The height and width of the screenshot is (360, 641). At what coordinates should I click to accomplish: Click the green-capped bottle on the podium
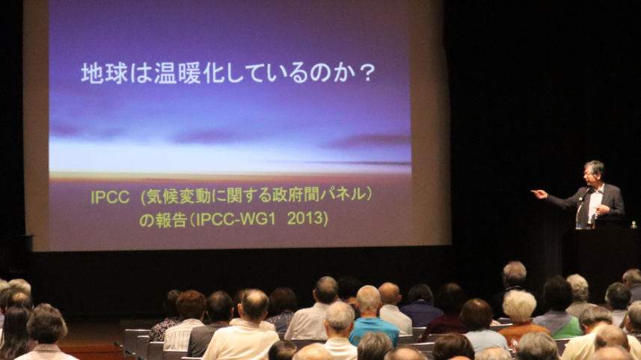634,225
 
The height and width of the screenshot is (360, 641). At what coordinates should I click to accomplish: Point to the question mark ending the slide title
368,73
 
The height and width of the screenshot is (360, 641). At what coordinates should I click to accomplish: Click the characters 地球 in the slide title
105,73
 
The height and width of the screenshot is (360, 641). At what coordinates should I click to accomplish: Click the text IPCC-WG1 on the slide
236,219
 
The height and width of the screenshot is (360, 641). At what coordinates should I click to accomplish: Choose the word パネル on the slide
343,195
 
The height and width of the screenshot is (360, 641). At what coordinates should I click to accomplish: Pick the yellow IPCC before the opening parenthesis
110,197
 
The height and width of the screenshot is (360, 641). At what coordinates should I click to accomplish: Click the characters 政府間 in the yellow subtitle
295,195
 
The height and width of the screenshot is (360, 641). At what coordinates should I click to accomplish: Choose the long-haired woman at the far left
14,332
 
